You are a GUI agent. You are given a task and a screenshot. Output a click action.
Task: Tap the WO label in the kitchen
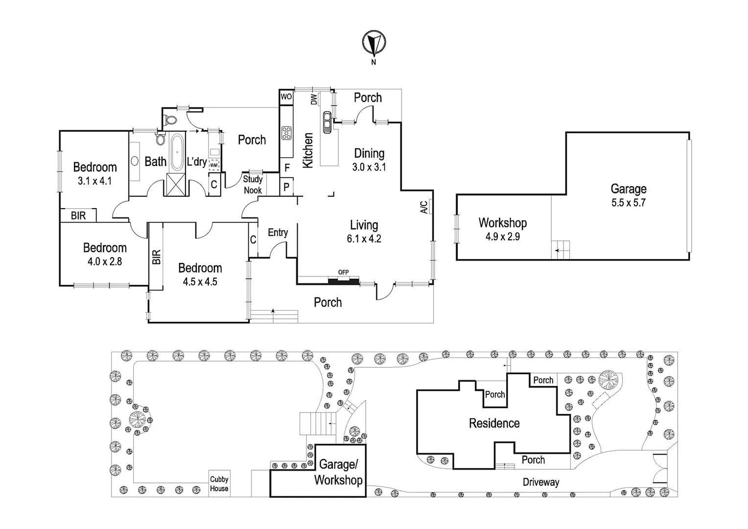(x=286, y=96)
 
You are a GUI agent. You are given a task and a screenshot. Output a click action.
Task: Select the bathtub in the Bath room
(x=177, y=152)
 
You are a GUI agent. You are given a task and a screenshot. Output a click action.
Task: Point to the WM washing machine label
(x=214, y=165)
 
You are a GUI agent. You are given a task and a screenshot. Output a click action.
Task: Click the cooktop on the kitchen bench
(x=286, y=133)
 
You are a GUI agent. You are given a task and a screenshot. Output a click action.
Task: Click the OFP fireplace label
(x=343, y=272)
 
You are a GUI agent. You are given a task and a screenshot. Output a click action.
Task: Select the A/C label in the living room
(x=424, y=207)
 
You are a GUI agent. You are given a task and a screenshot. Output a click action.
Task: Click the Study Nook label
(x=253, y=185)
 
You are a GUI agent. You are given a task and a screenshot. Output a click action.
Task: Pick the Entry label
(x=278, y=233)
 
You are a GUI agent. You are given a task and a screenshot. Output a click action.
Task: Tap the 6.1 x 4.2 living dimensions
(x=364, y=239)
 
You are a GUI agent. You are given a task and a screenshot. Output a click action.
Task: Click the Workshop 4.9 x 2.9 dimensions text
(x=502, y=237)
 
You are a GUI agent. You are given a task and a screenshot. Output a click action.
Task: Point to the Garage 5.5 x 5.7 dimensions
(x=628, y=203)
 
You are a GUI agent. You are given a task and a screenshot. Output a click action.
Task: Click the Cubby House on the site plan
(x=219, y=484)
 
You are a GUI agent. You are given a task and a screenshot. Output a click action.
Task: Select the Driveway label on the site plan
(x=540, y=482)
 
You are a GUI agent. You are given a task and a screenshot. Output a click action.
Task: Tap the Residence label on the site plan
(x=494, y=423)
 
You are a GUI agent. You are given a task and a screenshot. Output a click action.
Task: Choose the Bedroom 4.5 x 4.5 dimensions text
(x=200, y=282)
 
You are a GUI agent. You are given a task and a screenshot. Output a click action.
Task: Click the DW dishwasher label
(x=314, y=100)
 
